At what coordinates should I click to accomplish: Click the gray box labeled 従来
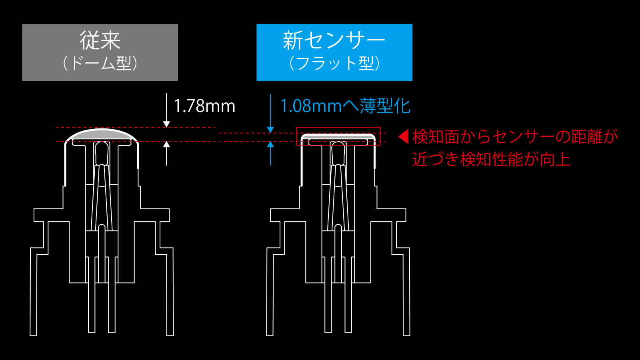click(100, 52)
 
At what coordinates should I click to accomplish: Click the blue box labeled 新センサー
click(334, 52)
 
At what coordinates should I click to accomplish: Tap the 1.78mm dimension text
click(204, 106)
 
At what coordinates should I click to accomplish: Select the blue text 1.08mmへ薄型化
click(345, 106)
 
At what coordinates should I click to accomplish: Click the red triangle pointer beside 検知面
click(403, 136)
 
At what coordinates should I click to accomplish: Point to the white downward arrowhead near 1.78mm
click(166, 124)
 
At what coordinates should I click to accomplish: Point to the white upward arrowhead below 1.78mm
click(166, 144)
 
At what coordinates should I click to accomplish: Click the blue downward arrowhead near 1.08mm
click(270, 130)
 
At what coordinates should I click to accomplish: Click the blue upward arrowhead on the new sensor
click(270, 144)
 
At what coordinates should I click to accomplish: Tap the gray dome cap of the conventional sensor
click(102, 134)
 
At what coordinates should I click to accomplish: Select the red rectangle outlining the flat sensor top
click(338, 136)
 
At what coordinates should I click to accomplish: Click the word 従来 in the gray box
click(100, 40)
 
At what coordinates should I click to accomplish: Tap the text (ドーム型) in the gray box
click(100, 63)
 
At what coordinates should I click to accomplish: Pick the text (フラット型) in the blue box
click(334, 63)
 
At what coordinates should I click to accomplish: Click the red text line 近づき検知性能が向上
click(492, 159)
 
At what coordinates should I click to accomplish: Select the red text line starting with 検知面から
click(515, 136)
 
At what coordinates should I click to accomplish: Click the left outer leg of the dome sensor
click(34, 292)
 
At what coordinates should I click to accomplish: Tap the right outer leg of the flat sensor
click(406, 292)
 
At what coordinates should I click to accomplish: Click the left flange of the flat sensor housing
click(285, 215)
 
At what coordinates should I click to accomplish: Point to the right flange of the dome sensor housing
click(155, 215)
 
